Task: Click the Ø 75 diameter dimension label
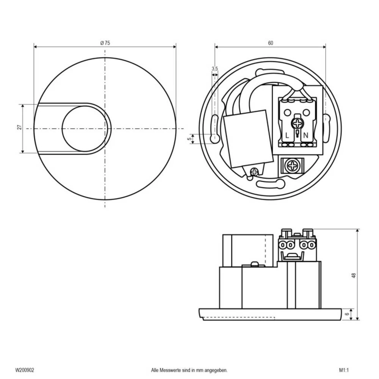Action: tap(105, 43)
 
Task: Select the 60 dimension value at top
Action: tap(270, 43)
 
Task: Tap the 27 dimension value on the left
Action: tap(19, 128)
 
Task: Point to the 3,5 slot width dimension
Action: tap(215, 69)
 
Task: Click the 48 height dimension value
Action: tap(353, 276)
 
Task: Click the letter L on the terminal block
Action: tap(287, 135)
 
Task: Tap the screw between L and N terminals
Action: tap(297, 123)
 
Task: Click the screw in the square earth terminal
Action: tap(293, 166)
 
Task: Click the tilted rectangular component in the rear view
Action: tap(248, 139)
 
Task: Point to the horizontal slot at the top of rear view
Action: tap(270, 71)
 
